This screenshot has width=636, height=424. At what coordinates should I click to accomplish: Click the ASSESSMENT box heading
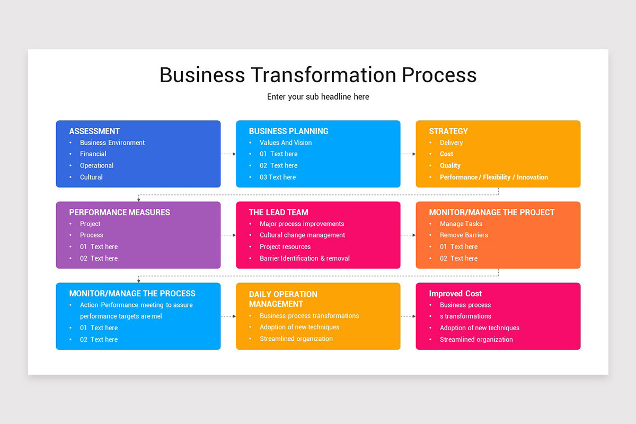click(94, 131)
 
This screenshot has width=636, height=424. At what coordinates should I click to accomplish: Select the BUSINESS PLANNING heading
click(288, 131)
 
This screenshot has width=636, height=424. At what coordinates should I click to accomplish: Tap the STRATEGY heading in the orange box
click(448, 131)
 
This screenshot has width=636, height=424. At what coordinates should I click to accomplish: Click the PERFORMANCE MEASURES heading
click(119, 212)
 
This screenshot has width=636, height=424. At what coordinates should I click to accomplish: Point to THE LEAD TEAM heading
click(278, 212)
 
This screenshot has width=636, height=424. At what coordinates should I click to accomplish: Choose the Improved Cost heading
click(455, 293)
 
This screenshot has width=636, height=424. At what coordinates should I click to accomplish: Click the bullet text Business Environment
click(112, 143)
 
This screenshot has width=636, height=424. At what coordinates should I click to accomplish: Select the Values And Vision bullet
click(286, 143)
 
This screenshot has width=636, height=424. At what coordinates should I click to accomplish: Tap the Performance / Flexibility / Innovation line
click(493, 177)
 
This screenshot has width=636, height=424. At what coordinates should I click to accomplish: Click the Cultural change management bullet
click(302, 235)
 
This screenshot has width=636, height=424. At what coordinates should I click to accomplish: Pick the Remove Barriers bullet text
click(464, 235)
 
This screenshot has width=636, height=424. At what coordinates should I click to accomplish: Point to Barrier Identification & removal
click(304, 258)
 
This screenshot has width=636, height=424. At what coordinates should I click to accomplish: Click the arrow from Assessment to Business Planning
click(228, 154)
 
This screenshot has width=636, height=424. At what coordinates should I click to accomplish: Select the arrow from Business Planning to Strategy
click(408, 154)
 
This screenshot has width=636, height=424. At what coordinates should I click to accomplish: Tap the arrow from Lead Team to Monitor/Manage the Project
click(408, 235)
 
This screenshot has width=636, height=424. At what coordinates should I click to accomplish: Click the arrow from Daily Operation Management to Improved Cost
click(408, 316)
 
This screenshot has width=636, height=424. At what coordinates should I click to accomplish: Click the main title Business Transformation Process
click(318, 75)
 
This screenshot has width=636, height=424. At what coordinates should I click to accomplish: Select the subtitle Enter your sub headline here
click(318, 96)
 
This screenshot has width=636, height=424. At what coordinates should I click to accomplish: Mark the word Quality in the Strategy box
click(450, 165)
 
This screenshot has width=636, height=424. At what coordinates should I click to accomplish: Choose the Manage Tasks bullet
click(461, 224)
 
